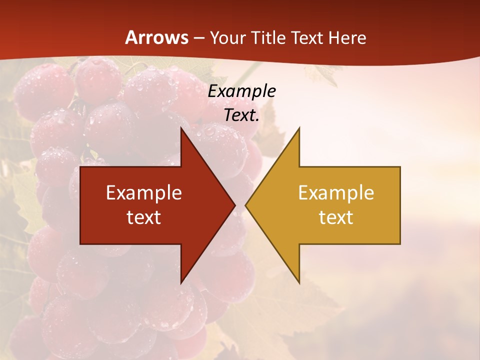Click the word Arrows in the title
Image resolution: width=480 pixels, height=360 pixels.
[x=156, y=37]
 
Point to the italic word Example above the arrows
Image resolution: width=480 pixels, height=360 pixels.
[x=241, y=91]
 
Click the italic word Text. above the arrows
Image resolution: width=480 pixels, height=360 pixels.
[x=241, y=115]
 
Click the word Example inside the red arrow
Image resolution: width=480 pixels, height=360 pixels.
[x=144, y=192]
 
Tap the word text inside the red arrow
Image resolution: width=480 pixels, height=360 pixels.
[x=144, y=217]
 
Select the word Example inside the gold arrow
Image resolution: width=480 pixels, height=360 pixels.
[x=336, y=192]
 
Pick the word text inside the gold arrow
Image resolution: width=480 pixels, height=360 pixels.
[x=336, y=217]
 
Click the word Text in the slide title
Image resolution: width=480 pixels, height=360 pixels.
[x=307, y=38]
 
